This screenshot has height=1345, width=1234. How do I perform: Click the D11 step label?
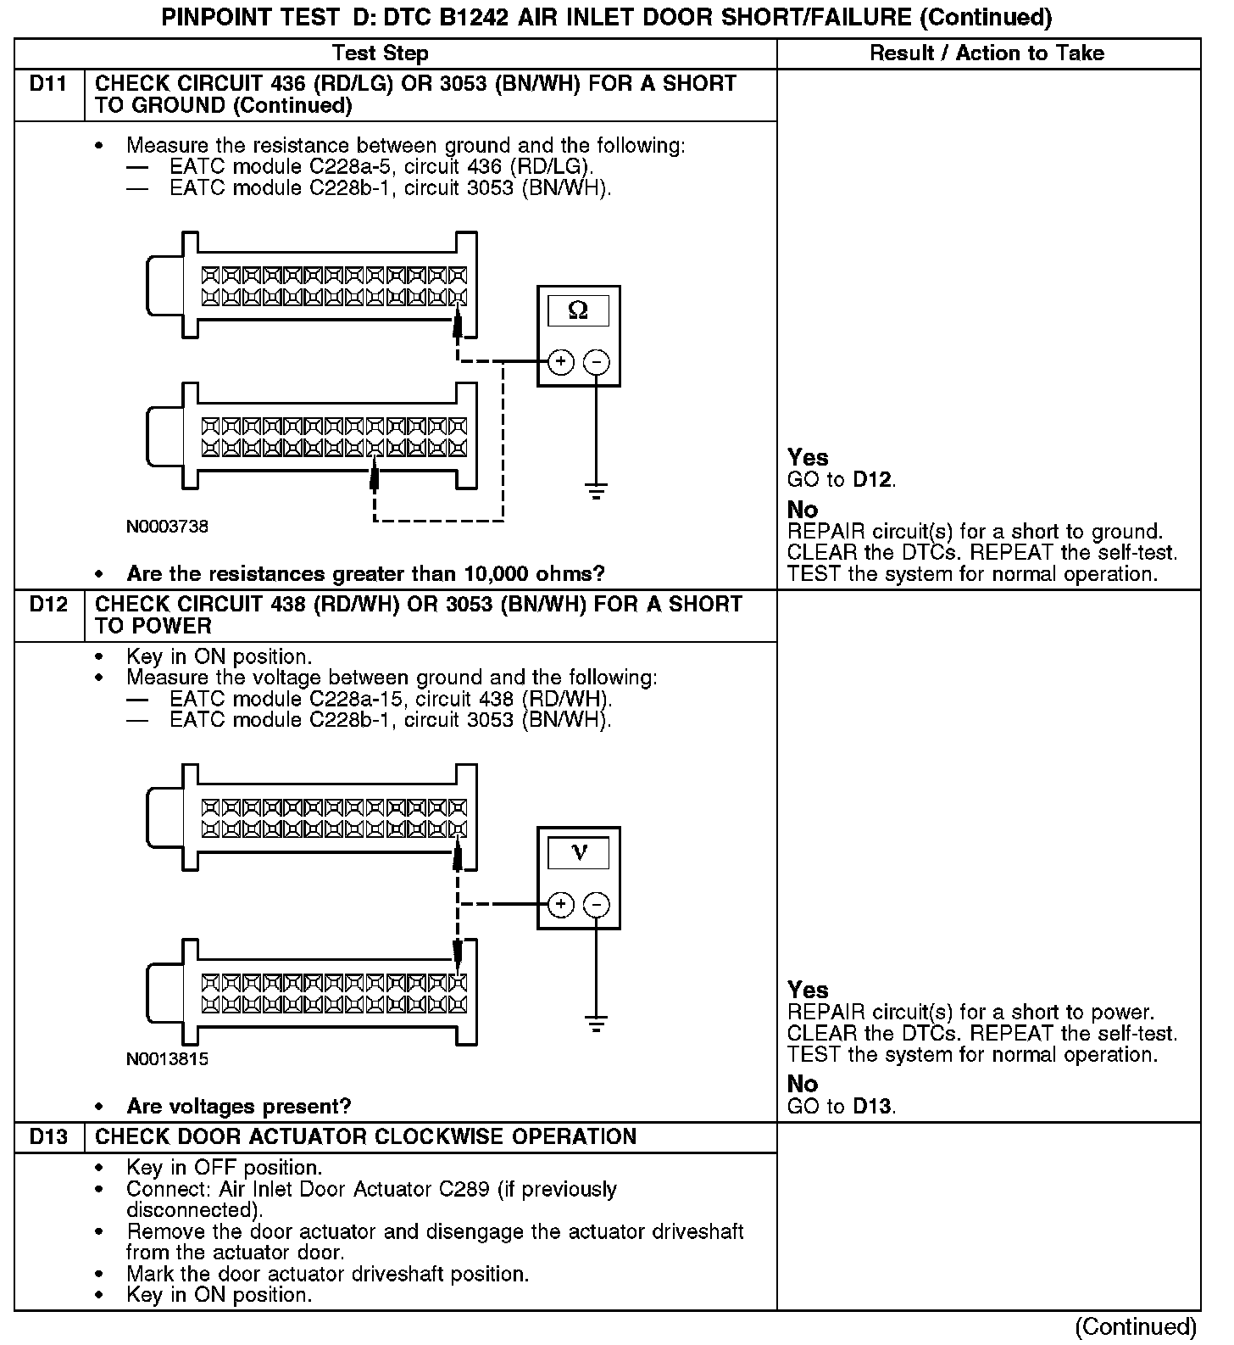48,84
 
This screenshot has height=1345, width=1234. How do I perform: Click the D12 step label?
48,605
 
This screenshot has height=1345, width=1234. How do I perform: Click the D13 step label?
48,1136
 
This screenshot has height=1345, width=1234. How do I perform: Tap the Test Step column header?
381,53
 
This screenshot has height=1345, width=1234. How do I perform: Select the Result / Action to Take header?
987,53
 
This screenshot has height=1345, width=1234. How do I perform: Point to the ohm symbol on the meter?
578,311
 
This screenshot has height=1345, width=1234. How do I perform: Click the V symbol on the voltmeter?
579,852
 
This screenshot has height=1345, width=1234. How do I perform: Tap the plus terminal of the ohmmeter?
561,362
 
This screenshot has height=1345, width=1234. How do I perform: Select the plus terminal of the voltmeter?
561,905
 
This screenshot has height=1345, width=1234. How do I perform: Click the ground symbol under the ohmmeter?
597,490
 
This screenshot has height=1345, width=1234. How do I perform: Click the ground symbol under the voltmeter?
597,1024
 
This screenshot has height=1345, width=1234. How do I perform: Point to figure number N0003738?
167,527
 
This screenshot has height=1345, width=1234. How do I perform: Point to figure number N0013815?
167,1059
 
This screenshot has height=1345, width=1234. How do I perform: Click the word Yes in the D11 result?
808,458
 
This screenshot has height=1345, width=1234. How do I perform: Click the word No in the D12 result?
803,1084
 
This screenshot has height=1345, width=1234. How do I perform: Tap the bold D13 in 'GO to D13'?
873,1106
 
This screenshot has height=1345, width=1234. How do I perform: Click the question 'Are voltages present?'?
238,1106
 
